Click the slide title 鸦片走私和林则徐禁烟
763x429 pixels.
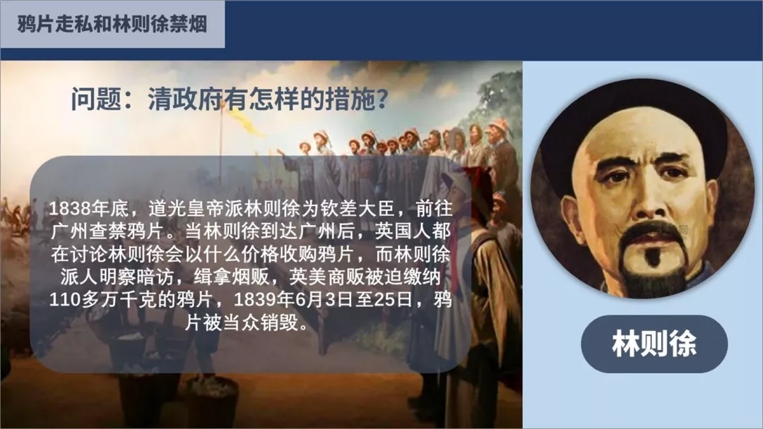[112, 24]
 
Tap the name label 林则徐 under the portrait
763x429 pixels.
[654, 344]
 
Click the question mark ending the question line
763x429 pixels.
[382, 99]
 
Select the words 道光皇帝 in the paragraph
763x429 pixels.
[187, 209]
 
